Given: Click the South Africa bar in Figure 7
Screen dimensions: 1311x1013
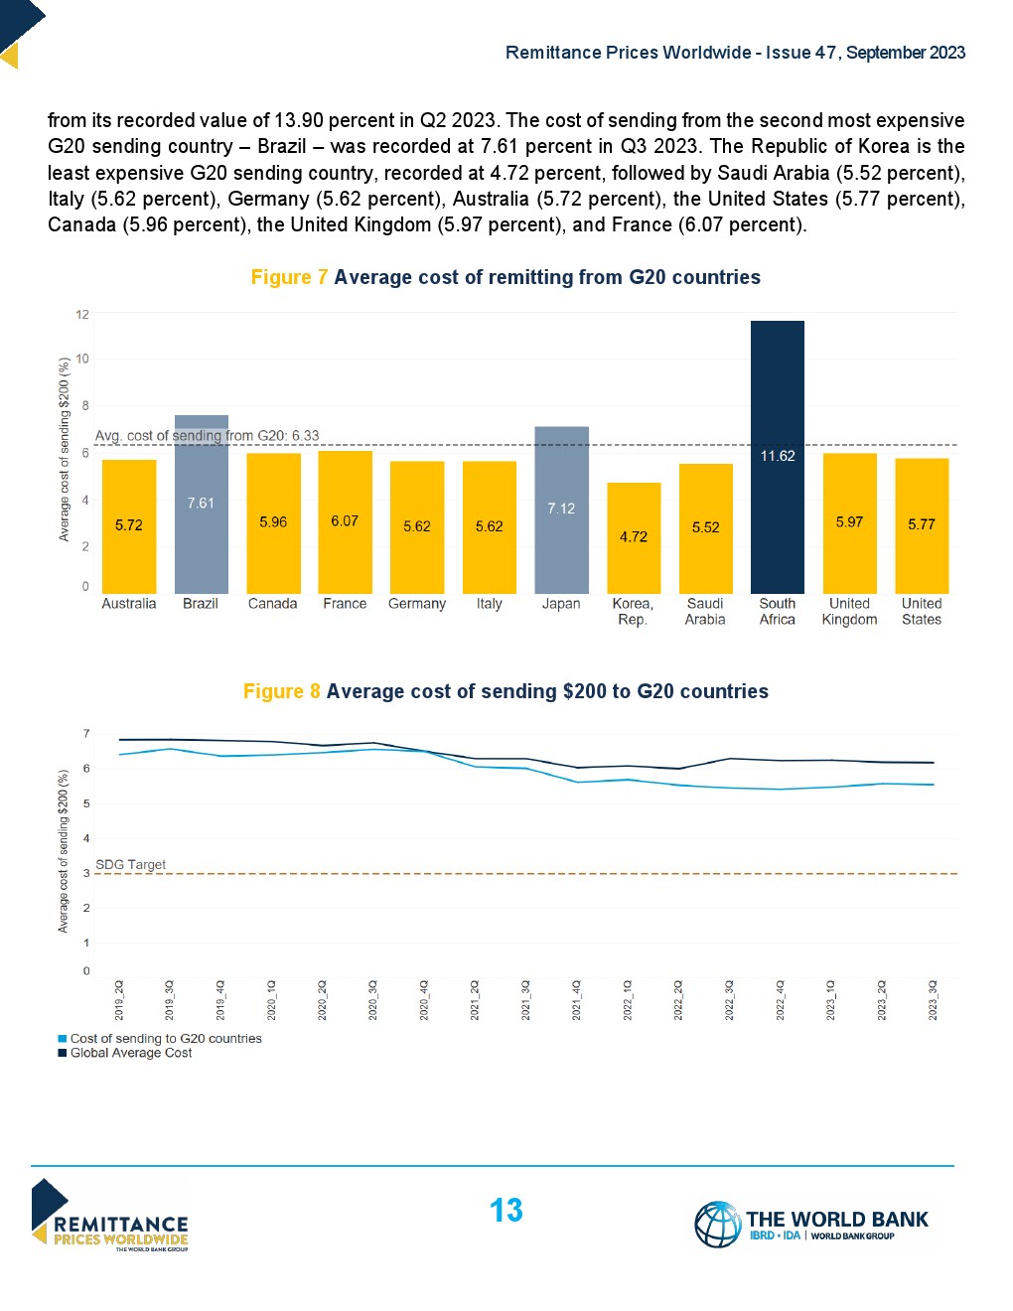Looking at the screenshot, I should tap(777, 457).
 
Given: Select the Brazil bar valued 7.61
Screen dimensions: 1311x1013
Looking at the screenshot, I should tap(201, 504).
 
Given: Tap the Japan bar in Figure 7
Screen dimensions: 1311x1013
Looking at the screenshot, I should tap(561, 509).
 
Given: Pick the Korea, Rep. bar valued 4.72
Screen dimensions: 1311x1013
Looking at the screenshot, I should tap(634, 537).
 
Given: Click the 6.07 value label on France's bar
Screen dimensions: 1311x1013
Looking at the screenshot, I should tap(345, 520).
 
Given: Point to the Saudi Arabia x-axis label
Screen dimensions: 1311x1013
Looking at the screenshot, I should tap(705, 611).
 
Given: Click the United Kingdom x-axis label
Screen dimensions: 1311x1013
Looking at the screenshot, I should tap(849, 611).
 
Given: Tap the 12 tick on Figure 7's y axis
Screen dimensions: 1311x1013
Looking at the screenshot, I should tap(82, 314).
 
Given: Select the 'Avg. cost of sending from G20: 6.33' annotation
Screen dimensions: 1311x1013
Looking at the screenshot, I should tap(207, 435).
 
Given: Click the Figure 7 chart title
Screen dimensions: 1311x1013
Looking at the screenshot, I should tap(506, 277).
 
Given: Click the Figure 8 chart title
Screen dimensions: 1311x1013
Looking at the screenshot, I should tap(506, 691).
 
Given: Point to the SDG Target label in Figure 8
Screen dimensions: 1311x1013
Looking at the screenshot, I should tap(130, 864).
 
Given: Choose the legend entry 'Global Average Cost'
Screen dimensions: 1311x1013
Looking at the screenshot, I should tap(131, 1053).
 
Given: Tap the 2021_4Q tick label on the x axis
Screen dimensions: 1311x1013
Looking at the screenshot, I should tap(577, 1000).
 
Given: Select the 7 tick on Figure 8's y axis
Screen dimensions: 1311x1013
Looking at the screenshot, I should tap(86, 734).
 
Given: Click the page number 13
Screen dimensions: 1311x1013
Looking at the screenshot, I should tap(506, 1210).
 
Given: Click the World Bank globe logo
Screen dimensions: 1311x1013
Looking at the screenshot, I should tap(717, 1224).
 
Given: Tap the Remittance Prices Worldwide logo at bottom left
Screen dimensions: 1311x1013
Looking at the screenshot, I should tap(110, 1216).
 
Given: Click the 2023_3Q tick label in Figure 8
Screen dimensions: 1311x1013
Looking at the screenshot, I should tap(933, 1000).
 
